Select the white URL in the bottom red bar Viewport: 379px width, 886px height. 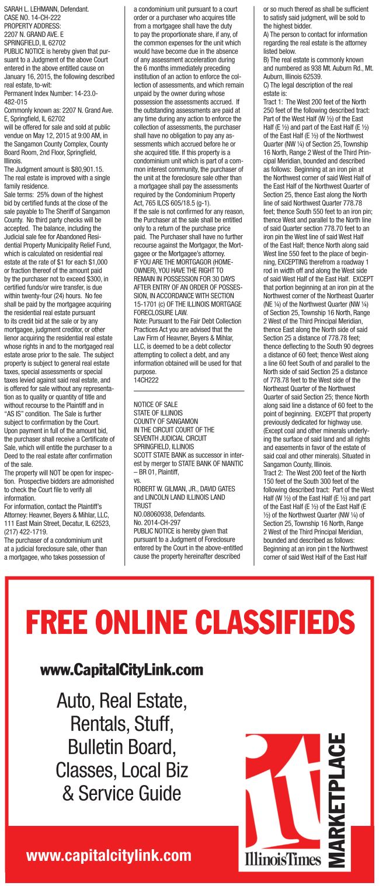click(x=109, y=856)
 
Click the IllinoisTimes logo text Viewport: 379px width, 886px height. click(x=283, y=859)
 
